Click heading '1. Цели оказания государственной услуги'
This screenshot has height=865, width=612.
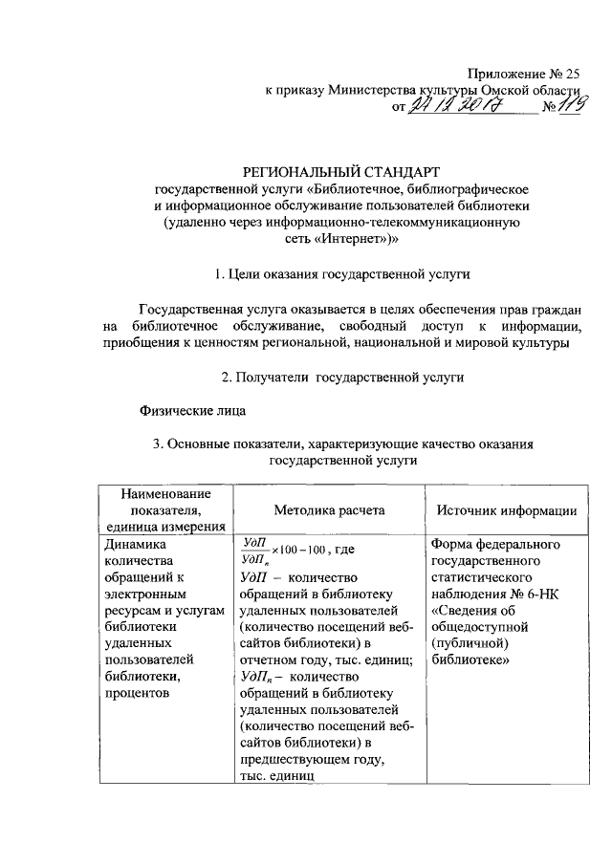342,274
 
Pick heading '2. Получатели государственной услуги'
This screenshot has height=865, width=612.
342,378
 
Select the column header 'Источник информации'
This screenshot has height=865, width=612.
506,510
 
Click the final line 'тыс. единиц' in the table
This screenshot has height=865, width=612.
275,775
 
